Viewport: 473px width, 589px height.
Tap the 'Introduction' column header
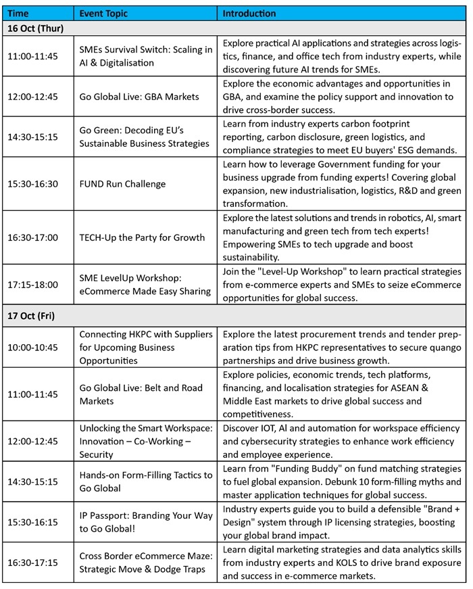[x=249, y=14]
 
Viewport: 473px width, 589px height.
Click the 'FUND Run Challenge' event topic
[x=122, y=184]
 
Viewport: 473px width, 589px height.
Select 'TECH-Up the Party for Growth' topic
[x=142, y=237]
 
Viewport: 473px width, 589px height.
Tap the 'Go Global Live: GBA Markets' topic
[x=139, y=97]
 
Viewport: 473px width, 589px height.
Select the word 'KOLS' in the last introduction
[x=380, y=563]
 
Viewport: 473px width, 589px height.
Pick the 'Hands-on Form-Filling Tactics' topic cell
[x=145, y=481]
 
